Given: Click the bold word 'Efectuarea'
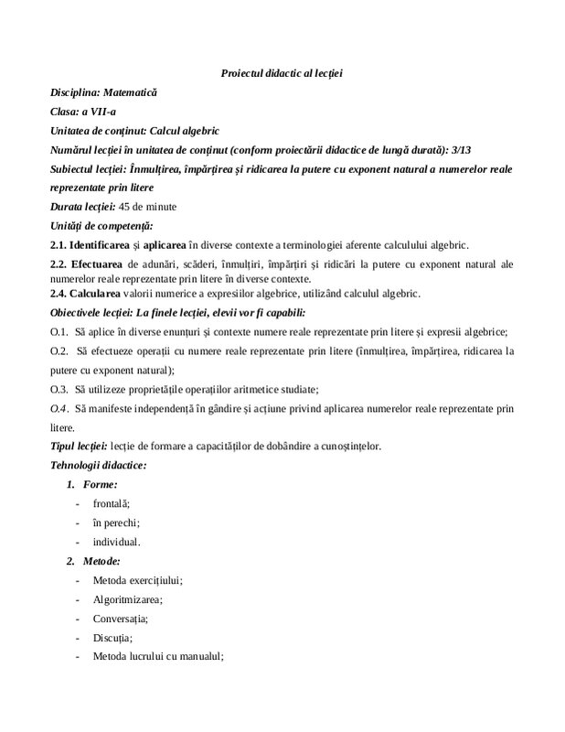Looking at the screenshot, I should click(99, 264).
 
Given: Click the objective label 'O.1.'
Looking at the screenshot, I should click(59, 331).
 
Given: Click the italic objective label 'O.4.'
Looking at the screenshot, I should click(59, 408).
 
